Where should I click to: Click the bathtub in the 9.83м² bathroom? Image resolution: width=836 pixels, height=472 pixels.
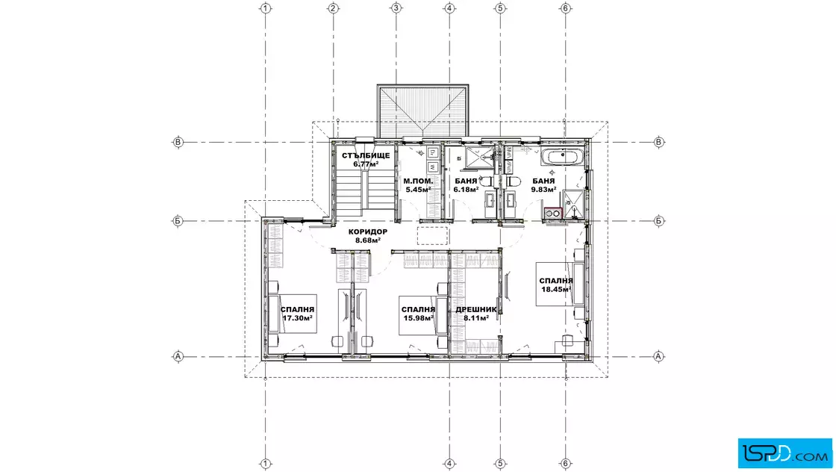564,158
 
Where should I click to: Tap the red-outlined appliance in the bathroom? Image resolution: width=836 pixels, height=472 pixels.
553,214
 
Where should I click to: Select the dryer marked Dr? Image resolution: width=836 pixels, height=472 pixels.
433,153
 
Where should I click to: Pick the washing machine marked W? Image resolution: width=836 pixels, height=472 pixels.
433,167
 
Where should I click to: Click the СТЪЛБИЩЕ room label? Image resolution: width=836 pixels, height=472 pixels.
366,156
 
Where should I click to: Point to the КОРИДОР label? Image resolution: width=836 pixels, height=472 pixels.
368,232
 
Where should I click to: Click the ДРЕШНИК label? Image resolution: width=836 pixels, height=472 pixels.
476,309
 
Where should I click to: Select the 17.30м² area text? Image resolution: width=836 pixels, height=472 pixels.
298,318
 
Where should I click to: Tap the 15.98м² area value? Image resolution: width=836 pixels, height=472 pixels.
419,318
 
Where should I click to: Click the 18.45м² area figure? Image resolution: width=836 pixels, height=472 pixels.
556,290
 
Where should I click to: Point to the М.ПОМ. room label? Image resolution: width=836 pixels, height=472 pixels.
419,181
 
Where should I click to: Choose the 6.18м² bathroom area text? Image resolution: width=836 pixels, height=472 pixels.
466,190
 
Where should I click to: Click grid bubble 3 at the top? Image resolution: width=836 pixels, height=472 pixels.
396,8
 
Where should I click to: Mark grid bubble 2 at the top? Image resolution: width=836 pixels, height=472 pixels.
333,8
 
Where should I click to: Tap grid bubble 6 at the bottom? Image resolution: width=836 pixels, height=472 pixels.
566,464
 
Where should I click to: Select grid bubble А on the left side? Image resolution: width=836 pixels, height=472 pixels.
178,356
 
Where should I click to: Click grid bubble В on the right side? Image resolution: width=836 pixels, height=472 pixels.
659,143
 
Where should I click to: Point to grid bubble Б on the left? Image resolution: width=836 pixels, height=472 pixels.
178,221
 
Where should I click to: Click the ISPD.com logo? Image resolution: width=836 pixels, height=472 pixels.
784,453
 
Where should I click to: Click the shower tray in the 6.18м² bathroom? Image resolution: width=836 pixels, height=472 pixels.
480,157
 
